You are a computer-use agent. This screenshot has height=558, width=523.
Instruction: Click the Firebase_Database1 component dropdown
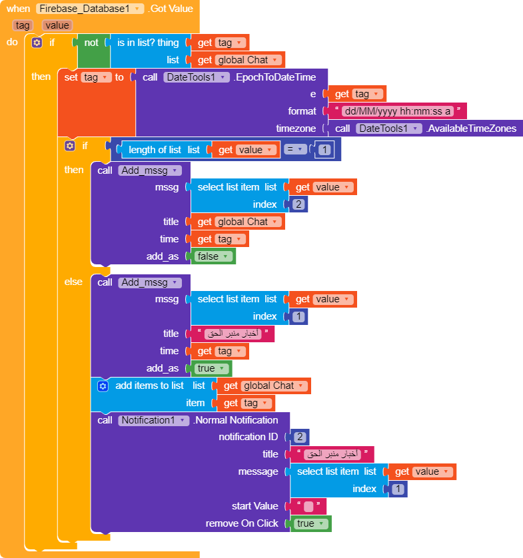coord(90,9)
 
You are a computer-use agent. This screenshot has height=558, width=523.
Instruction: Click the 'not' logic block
coord(91,43)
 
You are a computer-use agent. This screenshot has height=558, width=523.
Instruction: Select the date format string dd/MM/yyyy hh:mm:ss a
coord(396,111)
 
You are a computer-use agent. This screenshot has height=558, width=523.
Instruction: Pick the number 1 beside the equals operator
coord(324,150)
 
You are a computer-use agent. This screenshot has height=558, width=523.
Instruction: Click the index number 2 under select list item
coord(298,204)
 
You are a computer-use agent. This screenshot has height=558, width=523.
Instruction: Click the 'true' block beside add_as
coord(211,368)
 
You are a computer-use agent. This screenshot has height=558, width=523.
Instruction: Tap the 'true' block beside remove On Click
coord(310,523)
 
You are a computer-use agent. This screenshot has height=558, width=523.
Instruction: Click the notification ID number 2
coord(300,437)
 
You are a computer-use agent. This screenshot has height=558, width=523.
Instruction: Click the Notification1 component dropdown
coord(154,420)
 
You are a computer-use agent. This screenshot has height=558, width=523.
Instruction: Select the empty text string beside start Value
coord(308,506)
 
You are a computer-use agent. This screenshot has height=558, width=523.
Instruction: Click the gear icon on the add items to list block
coord(103,386)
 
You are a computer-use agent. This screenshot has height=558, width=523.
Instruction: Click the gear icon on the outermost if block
coord(37,43)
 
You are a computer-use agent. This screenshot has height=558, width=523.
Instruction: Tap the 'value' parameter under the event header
coord(57,25)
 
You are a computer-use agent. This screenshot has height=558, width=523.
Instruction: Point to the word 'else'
coord(73,282)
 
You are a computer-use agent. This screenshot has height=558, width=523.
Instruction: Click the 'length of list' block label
coord(155,150)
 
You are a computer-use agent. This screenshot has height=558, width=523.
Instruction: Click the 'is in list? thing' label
coord(148,43)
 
